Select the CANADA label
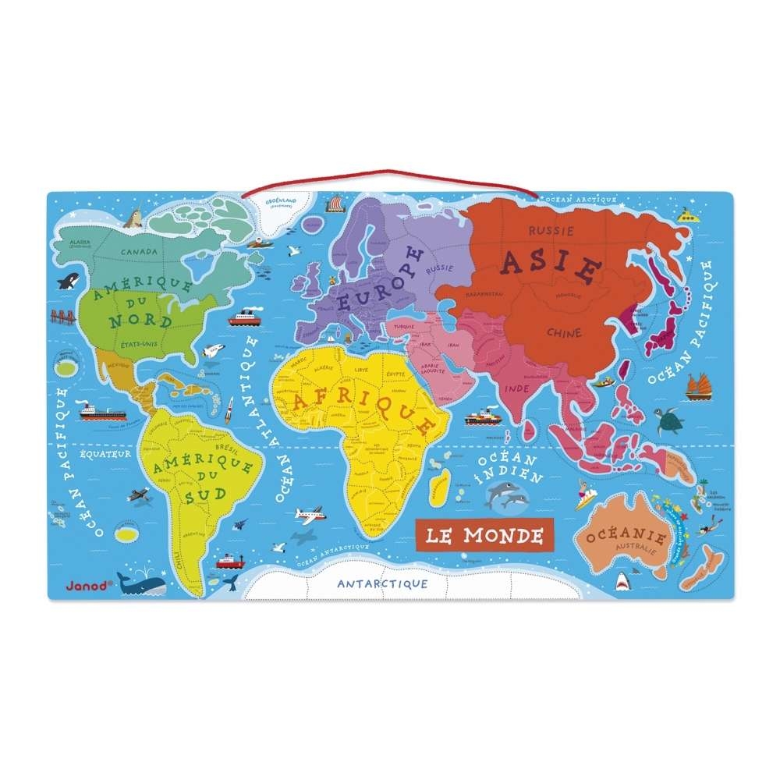(x=139, y=252)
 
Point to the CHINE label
(x=564, y=333)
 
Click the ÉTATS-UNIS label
(x=139, y=342)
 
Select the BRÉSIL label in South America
(x=225, y=449)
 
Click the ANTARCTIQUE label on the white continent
(x=382, y=583)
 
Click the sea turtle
(x=669, y=422)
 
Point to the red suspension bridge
(x=63, y=316)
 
